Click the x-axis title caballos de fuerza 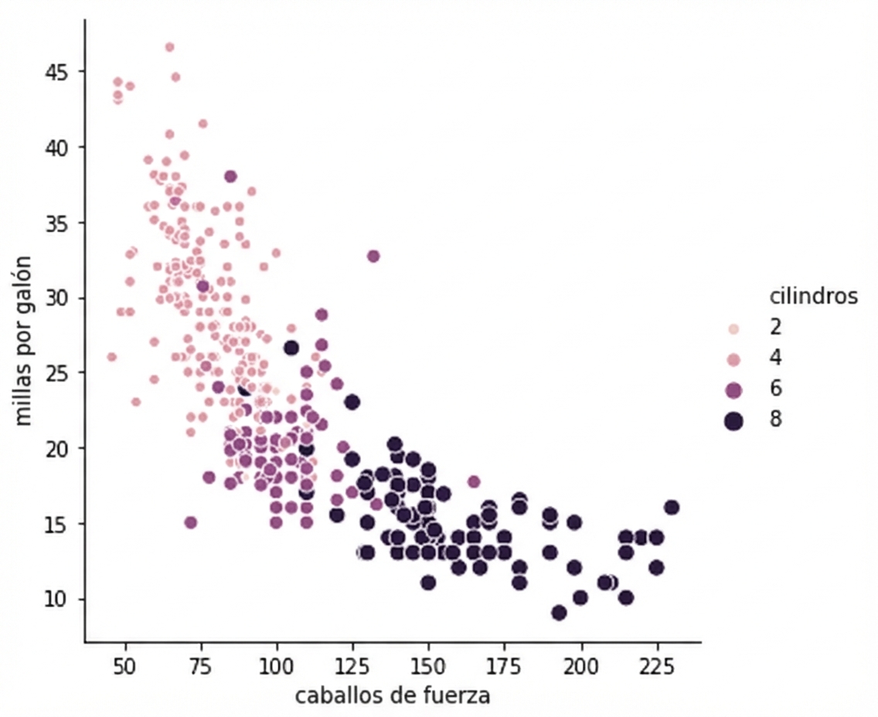[392, 695]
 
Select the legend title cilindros [813, 297]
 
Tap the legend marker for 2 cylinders [733, 329]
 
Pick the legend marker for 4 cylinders [733, 359]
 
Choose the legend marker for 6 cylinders [733, 389]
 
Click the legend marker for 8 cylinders [733, 420]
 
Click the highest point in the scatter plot [169, 47]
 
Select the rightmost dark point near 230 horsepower [672, 507]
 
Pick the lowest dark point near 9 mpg [559, 613]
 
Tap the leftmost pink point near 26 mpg [111, 357]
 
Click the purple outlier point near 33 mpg [373, 256]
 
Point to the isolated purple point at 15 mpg [190, 522]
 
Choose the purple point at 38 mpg [230, 176]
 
